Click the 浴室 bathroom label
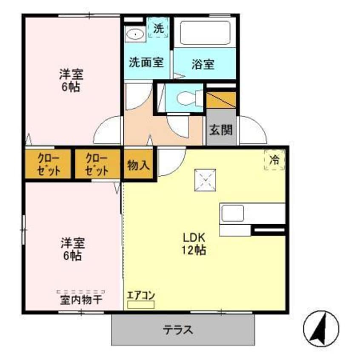[x=203, y=65]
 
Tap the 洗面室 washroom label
[x=146, y=62]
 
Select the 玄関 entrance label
[x=221, y=129]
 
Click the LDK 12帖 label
[x=194, y=243]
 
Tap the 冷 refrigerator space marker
[x=274, y=160]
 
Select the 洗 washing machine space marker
[x=158, y=28]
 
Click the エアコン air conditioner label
[x=141, y=295]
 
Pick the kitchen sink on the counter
[x=232, y=213]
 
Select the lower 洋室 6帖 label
[x=71, y=249]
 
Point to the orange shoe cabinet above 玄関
[x=221, y=99]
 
